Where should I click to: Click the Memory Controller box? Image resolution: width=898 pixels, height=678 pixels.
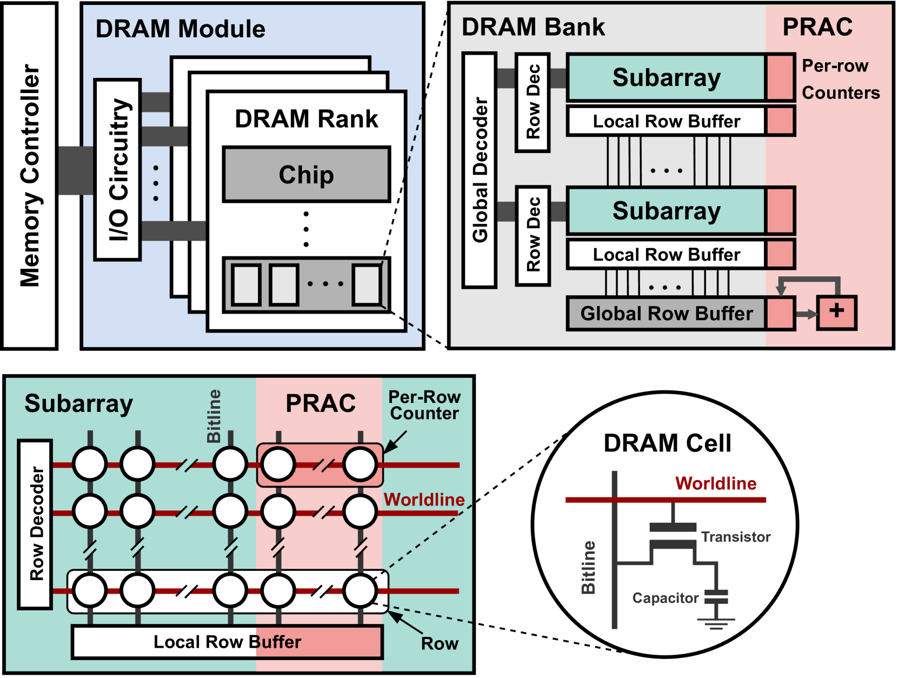(30, 176)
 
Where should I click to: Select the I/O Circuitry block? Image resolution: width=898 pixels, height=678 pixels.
(118, 170)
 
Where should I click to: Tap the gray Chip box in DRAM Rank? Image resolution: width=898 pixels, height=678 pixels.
(307, 175)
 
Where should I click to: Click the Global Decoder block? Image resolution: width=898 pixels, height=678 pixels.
(480, 170)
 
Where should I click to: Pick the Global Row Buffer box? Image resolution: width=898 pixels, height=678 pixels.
(666, 314)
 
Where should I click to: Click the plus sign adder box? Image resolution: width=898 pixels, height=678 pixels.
(836, 312)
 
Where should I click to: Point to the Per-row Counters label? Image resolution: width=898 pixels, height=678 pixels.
(840, 79)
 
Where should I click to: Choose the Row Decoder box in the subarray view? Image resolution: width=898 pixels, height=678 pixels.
(36, 524)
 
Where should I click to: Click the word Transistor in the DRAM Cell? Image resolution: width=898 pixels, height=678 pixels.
(735, 537)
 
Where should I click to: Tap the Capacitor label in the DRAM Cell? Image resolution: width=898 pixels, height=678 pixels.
(666, 598)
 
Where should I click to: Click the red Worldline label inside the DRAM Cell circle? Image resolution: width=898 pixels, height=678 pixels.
(716, 483)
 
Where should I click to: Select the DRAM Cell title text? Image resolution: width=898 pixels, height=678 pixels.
(667, 443)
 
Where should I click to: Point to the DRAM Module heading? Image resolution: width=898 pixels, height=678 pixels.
(180, 29)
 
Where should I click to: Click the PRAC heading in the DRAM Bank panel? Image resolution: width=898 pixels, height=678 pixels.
(817, 27)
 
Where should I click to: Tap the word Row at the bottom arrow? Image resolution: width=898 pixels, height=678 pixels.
(440, 643)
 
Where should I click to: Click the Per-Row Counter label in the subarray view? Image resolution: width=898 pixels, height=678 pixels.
(424, 405)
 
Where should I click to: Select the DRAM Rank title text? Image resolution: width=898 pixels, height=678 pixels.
(307, 119)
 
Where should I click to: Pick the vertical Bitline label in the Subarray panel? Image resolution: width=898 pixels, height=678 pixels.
(214, 416)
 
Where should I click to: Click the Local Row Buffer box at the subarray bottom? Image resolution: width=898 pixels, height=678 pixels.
(227, 642)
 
